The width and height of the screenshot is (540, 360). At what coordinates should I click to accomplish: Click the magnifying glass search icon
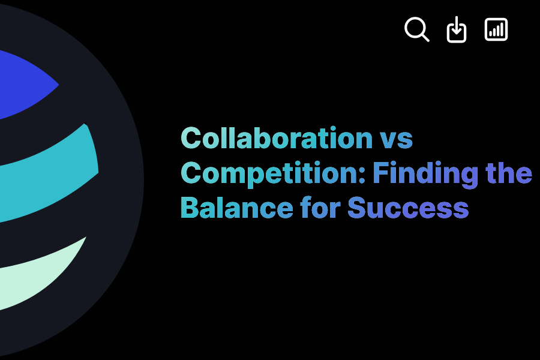point(416,28)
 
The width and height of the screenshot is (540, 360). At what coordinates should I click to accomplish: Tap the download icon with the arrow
point(457,29)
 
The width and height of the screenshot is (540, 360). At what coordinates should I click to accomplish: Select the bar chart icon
point(496,29)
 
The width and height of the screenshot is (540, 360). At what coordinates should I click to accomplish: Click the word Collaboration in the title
point(277,139)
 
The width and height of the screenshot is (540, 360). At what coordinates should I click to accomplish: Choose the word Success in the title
point(407,208)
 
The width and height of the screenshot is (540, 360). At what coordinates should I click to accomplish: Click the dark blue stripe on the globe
point(24,84)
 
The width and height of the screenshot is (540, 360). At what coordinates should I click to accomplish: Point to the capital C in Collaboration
point(191,139)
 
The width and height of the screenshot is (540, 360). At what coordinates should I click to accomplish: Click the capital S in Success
point(358,208)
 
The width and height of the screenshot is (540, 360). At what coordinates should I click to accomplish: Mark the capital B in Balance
point(190,208)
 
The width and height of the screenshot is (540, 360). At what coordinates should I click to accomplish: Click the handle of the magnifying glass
point(425,38)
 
